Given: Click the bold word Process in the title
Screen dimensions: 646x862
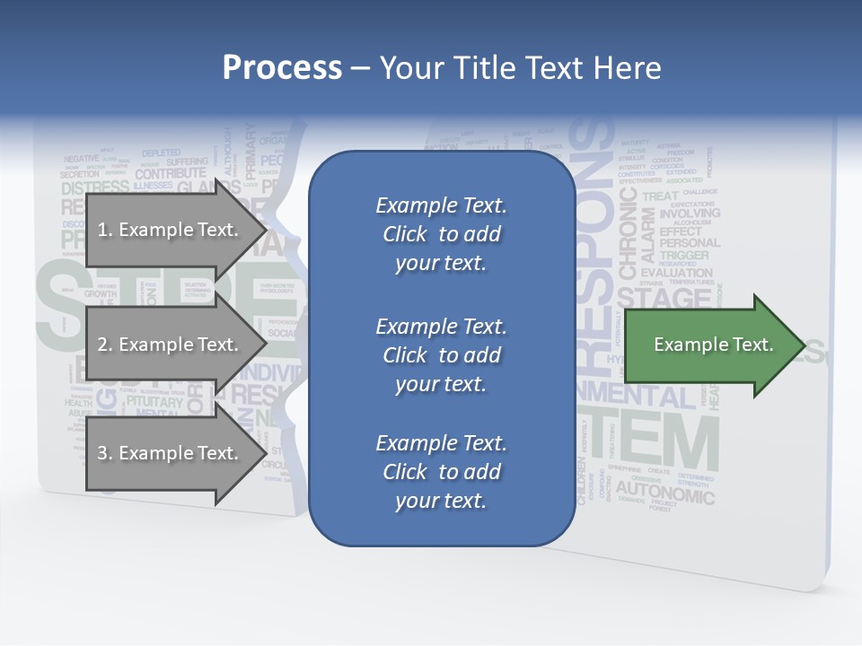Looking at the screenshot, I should tap(282, 68).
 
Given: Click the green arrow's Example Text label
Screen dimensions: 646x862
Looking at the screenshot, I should tap(713, 345).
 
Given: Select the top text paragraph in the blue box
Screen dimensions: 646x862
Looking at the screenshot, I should tap(441, 234).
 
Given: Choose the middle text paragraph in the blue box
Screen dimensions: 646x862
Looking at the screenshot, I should tap(441, 355).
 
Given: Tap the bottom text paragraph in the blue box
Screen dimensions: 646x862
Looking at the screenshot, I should tap(441, 472).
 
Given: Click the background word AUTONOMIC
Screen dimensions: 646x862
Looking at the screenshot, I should tap(665, 493).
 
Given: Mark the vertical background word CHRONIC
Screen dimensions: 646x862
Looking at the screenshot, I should tap(627, 233).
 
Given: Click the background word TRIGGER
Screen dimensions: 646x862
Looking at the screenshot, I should tap(683, 256).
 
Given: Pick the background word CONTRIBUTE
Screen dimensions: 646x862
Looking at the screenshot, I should tap(171, 173).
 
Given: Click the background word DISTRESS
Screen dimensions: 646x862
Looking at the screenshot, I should tap(95, 188).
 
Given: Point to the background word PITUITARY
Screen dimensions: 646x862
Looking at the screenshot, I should tap(154, 401).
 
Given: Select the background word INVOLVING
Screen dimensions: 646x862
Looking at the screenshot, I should tap(690, 214).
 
